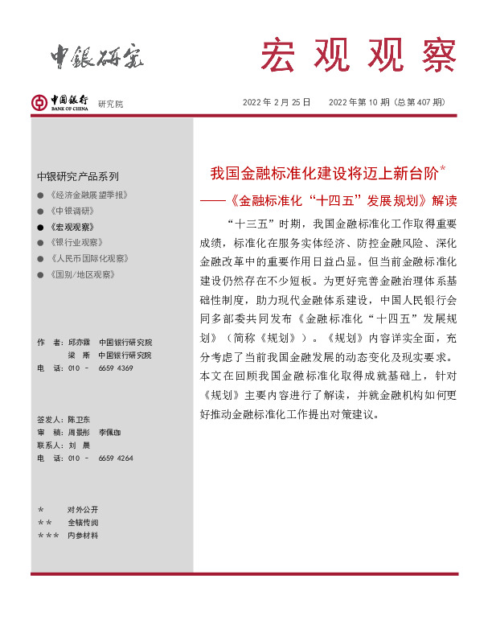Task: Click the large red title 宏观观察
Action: [x=357, y=55]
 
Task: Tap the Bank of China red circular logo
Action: [x=39, y=102]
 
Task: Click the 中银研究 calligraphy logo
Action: [x=97, y=55]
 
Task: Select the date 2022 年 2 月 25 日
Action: [x=277, y=103]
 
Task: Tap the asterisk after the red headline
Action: [x=443, y=169]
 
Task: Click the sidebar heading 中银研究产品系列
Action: [x=77, y=176]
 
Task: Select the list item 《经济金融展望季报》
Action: [x=88, y=195]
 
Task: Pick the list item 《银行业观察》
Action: [x=76, y=243]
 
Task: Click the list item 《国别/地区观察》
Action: [x=81, y=275]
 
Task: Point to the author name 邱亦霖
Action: [x=79, y=343]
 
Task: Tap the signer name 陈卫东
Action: [x=79, y=420]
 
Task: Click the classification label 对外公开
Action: [x=83, y=510]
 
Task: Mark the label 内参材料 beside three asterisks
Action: [x=83, y=536]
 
